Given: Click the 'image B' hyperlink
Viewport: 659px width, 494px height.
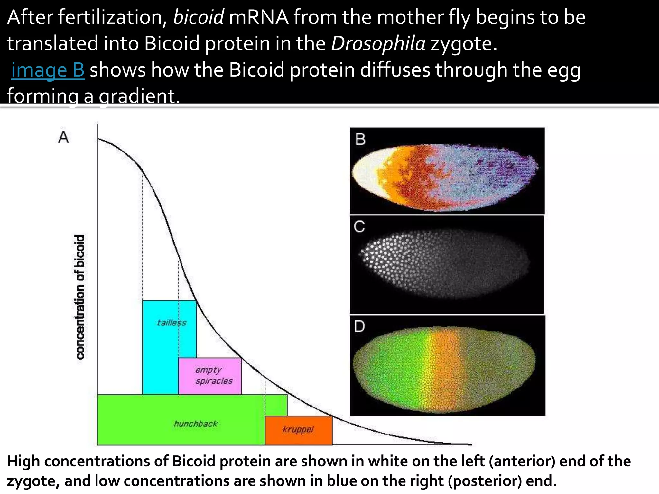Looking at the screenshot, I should (x=48, y=70).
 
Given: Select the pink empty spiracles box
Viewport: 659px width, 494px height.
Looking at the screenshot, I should (x=210, y=376).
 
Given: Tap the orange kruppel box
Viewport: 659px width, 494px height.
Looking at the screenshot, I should (x=298, y=430).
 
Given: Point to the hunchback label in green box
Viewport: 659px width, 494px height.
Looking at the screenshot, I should (x=195, y=424).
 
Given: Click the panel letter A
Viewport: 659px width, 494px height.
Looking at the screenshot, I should (x=63, y=137).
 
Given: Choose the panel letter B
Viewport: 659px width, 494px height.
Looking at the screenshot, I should (x=360, y=139).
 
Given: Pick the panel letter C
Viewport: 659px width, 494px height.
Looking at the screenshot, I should (x=359, y=227).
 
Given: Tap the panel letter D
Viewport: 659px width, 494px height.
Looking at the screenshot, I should (x=359, y=326).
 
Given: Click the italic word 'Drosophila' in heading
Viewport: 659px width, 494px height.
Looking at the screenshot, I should (x=378, y=43).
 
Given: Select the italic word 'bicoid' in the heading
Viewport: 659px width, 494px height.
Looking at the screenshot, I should (x=198, y=17).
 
